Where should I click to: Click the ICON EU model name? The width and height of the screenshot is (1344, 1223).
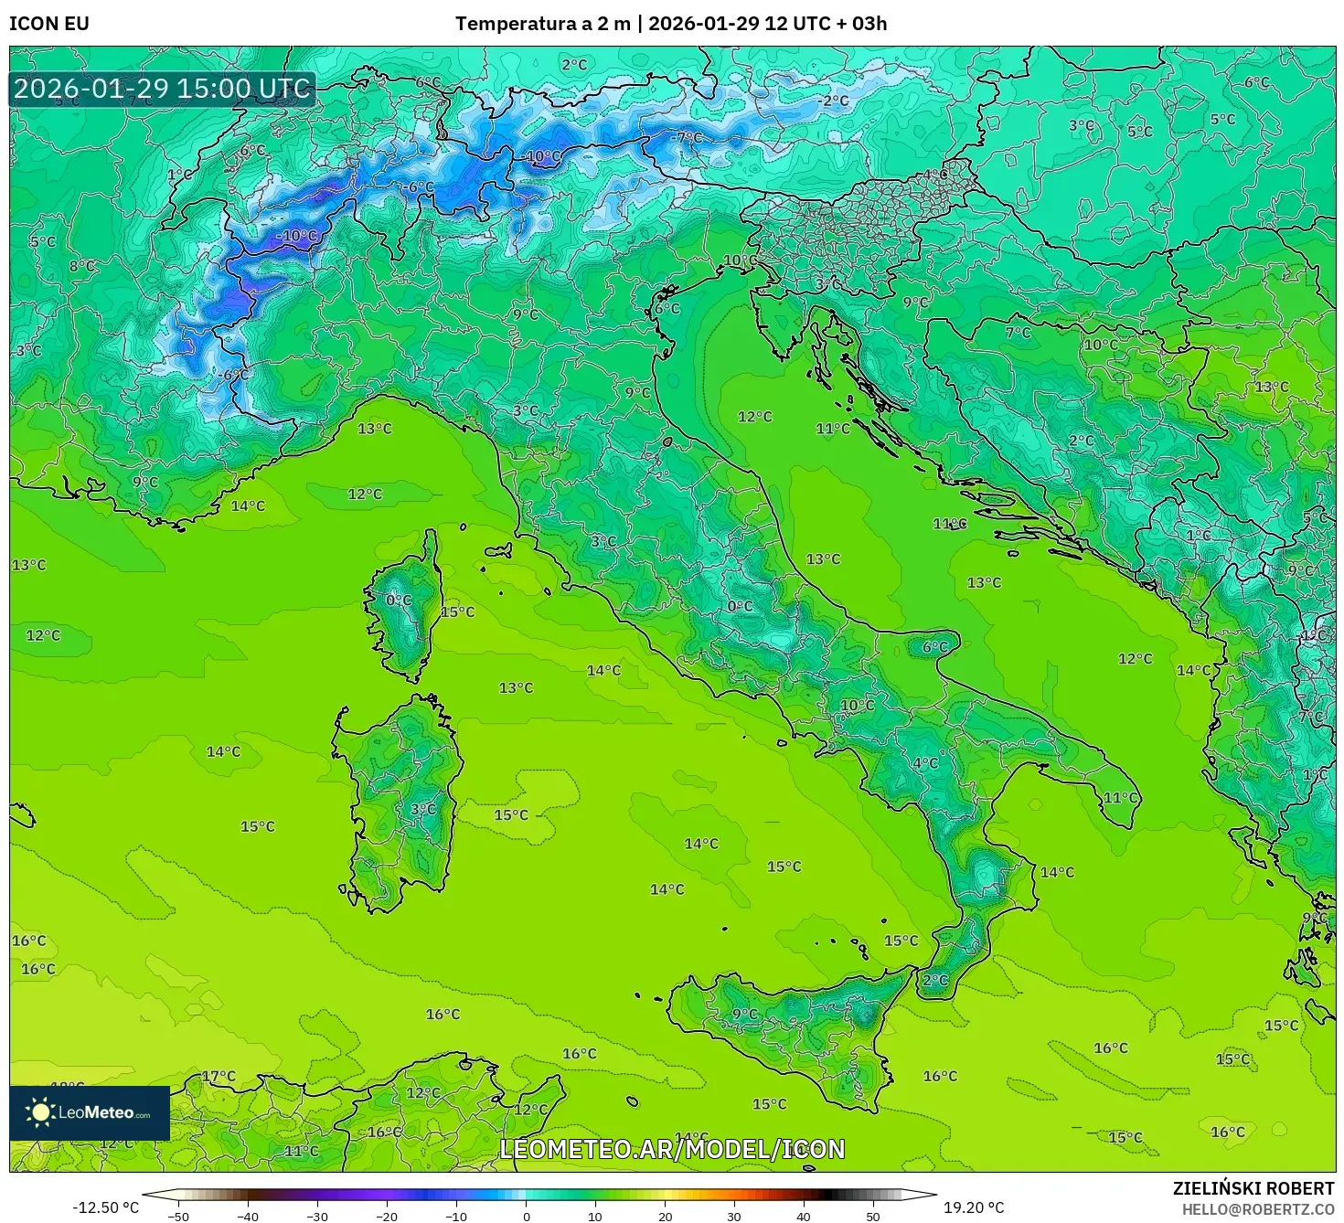[x=49, y=24]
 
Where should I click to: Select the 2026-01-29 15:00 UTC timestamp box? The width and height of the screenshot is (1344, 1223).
[x=163, y=90]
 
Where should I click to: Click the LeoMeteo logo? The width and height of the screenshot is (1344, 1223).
[x=90, y=1112]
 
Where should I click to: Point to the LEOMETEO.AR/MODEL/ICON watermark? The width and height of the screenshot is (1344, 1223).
[x=672, y=1149]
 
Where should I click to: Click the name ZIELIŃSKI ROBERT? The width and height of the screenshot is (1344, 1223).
[x=1253, y=1188]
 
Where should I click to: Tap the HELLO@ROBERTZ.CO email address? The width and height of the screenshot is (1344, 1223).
[x=1257, y=1209]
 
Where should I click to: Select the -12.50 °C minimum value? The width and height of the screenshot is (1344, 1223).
[x=105, y=1207]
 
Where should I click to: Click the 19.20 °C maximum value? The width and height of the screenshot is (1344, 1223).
[x=974, y=1207]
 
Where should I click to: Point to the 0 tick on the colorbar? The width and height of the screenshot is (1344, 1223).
[x=526, y=1217]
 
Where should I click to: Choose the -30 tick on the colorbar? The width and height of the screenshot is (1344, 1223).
[x=316, y=1217]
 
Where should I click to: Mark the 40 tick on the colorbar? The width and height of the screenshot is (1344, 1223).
[x=804, y=1217]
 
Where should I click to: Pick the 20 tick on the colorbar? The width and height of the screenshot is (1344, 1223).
[x=665, y=1217]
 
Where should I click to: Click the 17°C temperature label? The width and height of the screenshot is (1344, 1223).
[x=219, y=1076]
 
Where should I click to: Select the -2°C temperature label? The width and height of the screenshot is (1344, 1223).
[x=834, y=101]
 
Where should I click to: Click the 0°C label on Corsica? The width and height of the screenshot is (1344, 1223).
[x=399, y=601]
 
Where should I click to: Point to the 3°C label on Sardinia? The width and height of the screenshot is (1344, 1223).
[x=422, y=809]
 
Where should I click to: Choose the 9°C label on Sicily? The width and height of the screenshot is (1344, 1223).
[x=745, y=1014]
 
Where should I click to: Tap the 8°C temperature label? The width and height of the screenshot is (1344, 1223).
[x=82, y=266]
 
